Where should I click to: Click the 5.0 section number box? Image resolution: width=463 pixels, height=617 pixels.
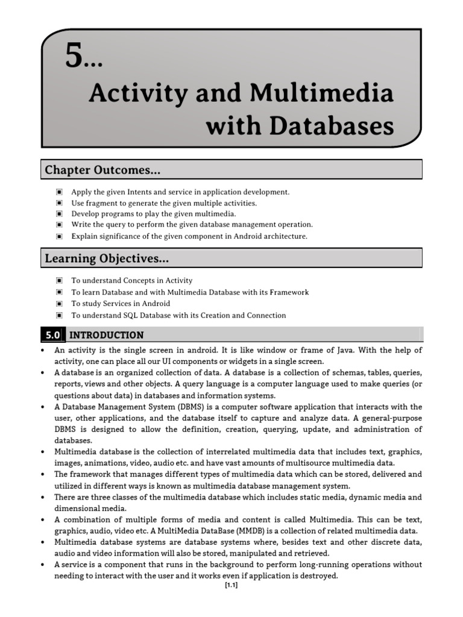point(52,335)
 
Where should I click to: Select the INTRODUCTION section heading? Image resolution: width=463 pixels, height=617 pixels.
point(107,335)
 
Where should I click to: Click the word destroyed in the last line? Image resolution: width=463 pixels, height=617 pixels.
point(320,575)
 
